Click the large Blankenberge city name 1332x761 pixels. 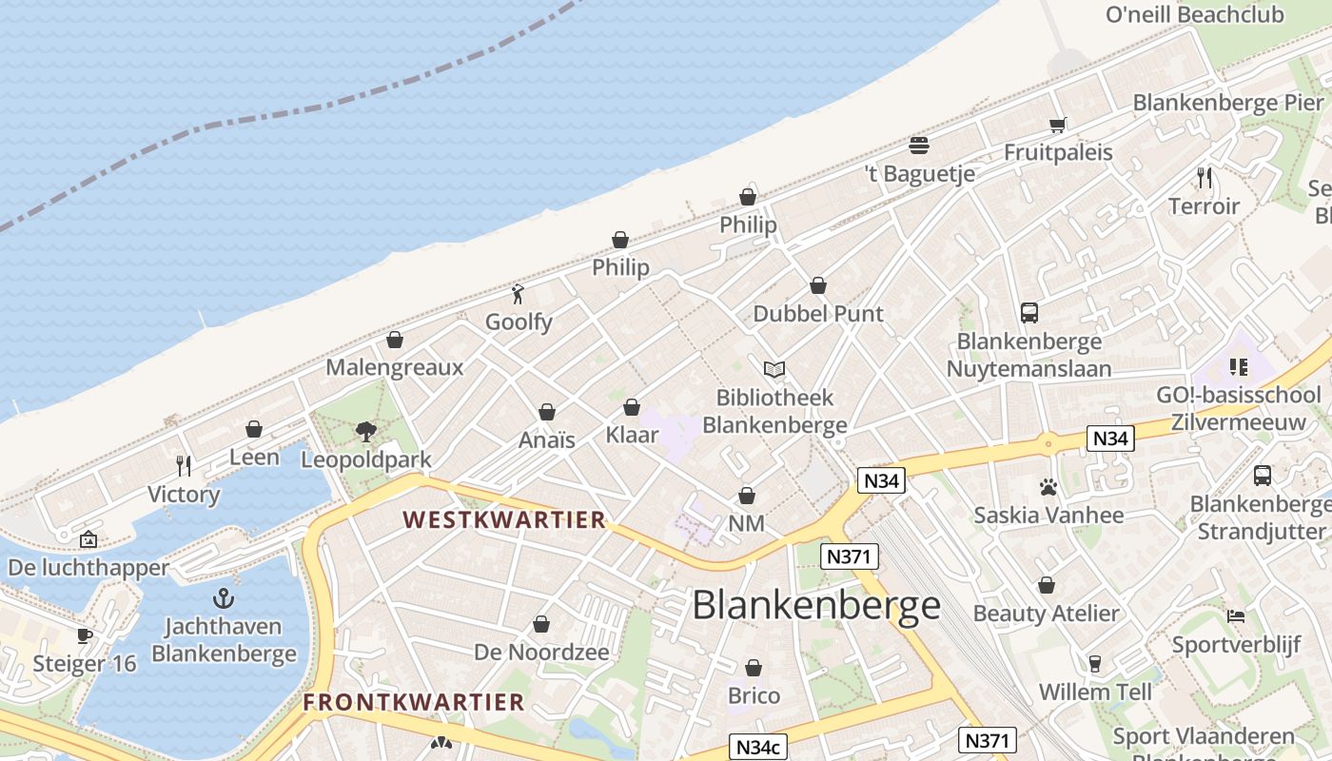815,605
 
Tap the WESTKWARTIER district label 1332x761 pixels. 503,519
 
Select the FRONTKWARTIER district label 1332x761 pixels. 414,702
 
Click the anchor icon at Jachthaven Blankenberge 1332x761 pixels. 224,598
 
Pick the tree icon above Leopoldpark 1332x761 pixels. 365,432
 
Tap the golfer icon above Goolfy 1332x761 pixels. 518,294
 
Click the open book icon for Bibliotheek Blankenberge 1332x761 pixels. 774,369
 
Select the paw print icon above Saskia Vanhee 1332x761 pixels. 1048,488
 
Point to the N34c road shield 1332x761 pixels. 758,748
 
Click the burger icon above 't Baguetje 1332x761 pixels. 918,146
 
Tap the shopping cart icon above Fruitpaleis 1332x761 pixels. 1057,125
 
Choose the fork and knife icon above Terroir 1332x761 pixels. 1204,178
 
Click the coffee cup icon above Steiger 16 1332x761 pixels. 85,635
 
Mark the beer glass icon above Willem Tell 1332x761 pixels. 1095,664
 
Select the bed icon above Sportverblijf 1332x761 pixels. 1236,616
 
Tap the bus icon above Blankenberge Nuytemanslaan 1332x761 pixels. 1028,312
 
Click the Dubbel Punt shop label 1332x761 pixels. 818,314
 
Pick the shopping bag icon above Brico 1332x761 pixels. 754,668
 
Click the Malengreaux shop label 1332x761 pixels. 395,367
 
